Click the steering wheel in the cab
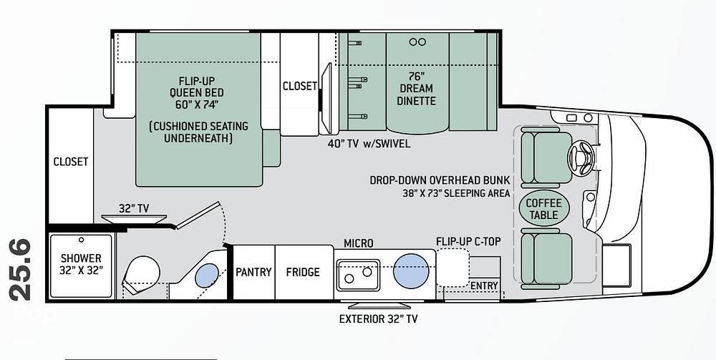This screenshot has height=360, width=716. pyautogui.click(x=581, y=158)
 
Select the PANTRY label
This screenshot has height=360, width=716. pyautogui.click(x=253, y=272)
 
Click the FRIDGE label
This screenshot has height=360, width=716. pyautogui.click(x=303, y=272)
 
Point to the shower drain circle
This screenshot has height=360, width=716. pyautogui.click(x=82, y=240)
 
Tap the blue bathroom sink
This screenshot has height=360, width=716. pyautogui.click(x=207, y=275)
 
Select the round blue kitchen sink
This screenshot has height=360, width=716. pyautogui.click(x=411, y=271)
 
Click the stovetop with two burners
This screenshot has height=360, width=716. pyautogui.click(x=359, y=275)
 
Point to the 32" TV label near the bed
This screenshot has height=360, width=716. pyautogui.click(x=134, y=208)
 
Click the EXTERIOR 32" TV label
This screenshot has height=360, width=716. pyautogui.click(x=378, y=319)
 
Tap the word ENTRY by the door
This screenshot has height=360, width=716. pyautogui.click(x=484, y=286)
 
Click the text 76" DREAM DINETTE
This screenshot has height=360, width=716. pyautogui.click(x=415, y=88)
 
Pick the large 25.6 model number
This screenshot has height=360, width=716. pyautogui.click(x=20, y=270)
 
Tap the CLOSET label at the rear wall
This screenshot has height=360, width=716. pyautogui.click(x=71, y=162)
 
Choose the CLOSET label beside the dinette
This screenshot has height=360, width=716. pyautogui.click(x=299, y=86)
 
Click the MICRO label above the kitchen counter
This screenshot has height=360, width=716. pyautogui.click(x=359, y=243)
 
